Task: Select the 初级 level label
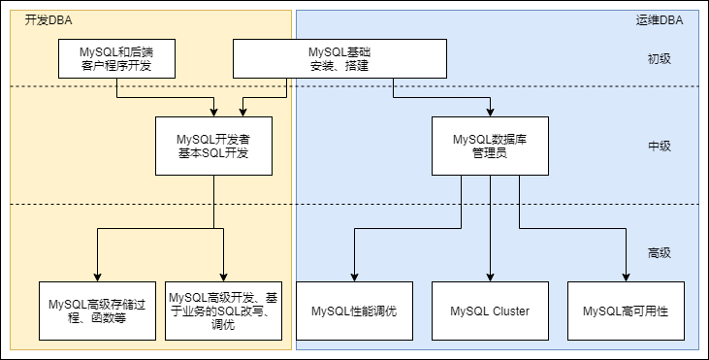(660, 58)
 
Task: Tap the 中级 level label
(660, 147)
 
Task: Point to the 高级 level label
(660, 253)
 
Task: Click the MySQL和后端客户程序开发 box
(116, 58)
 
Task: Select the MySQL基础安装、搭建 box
(339, 58)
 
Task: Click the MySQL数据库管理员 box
(489, 147)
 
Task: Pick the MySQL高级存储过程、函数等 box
(97, 311)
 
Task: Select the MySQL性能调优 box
(354, 311)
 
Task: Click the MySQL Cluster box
(489, 311)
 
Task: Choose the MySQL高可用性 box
(626, 311)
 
